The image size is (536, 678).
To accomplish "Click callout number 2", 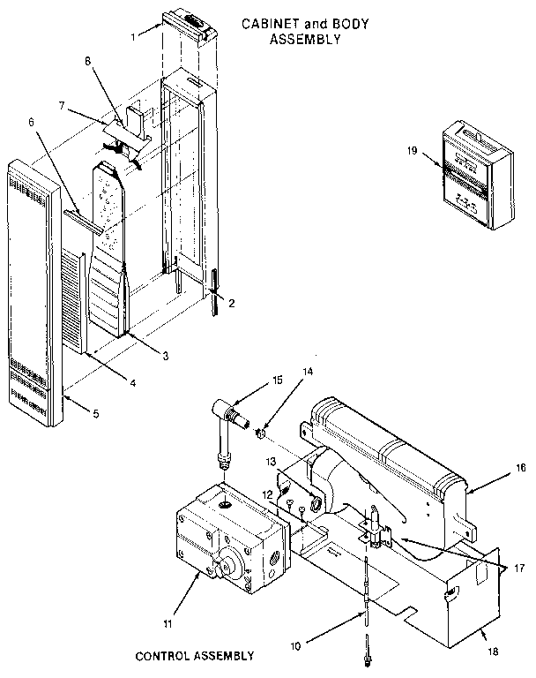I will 232,303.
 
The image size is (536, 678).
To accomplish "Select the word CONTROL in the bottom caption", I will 165,656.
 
